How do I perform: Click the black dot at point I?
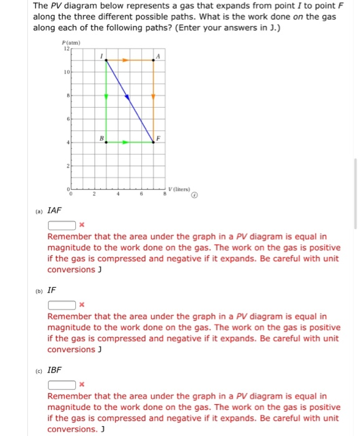(x=106, y=60)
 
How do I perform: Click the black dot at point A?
(x=154, y=60)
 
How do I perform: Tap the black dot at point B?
(x=106, y=142)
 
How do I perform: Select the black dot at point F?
(x=154, y=142)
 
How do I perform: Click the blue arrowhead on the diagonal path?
(x=127, y=97)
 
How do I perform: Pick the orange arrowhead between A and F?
(x=154, y=97)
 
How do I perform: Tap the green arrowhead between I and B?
(x=106, y=97)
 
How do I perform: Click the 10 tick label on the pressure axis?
(x=66, y=72)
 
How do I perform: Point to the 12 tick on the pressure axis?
(x=66, y=49)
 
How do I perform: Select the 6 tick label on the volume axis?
(x=141, y=195)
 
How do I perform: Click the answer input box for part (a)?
(x=62, y=225)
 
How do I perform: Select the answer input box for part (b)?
(x=62, y=305)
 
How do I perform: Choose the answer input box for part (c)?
(x=62, y=384)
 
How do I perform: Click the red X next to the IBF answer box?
(x=82, y=384)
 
